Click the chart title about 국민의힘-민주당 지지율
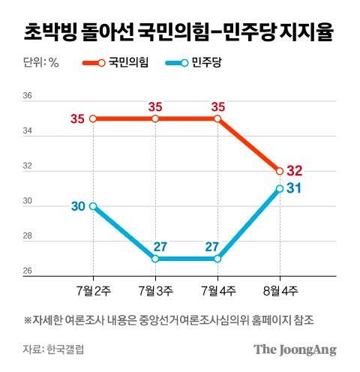pos(179,32)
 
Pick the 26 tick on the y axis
pos(28,272)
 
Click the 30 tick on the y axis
pos(28,202)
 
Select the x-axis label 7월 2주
pos(92,290)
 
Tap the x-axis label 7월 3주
pos(154,290)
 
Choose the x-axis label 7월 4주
pos(217,290)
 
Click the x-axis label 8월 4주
pos(279,290)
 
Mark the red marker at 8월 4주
pos(279,171)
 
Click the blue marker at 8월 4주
pos(279,189)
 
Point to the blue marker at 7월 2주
pos(92,206)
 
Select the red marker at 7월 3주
pos(154,118)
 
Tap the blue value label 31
pos(294,187)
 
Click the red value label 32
pos(294,170)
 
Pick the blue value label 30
pos(78,206)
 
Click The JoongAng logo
pos(294,349)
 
